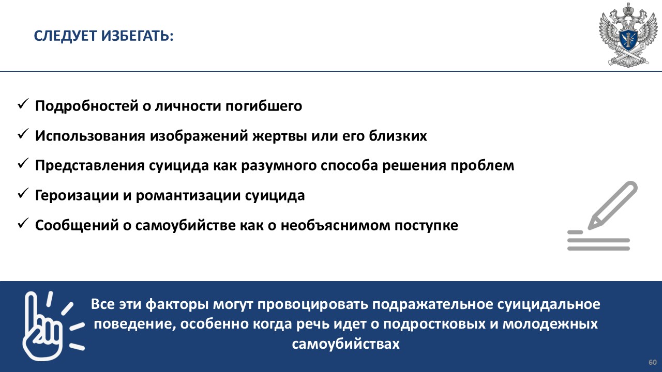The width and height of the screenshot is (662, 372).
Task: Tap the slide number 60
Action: [653, 363]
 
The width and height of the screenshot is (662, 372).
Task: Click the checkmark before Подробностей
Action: [23, 104]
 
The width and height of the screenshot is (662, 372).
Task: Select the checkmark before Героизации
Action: [23, 193]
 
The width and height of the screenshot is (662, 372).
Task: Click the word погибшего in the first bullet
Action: [264, 106]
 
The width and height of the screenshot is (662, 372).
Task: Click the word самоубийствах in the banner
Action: [345, 344]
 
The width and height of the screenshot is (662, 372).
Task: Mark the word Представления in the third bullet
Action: [90, 166]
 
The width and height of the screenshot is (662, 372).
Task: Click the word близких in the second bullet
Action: [398, 136]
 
